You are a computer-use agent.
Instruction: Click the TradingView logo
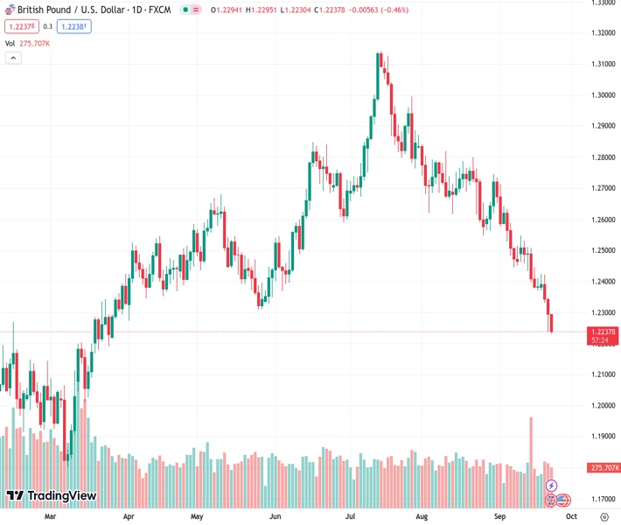click(x=51, y=496)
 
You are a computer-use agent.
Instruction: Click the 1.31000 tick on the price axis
click(x=603, y=65)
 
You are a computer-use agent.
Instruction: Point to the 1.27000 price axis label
click(x=603, y=188)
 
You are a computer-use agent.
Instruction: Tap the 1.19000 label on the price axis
click(x=603, y=436)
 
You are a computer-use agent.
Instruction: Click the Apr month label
click(x=129, y=517)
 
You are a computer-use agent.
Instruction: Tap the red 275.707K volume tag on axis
click(x=604, y=468)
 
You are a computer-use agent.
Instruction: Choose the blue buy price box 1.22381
click(x=74, y=26)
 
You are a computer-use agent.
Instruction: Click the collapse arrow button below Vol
click(x=13, y=58)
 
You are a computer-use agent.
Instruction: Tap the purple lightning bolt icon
click(x=551, y=485)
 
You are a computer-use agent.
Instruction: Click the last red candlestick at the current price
click(x=552, y=323)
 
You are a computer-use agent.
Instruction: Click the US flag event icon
click(x=563, y=500)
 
